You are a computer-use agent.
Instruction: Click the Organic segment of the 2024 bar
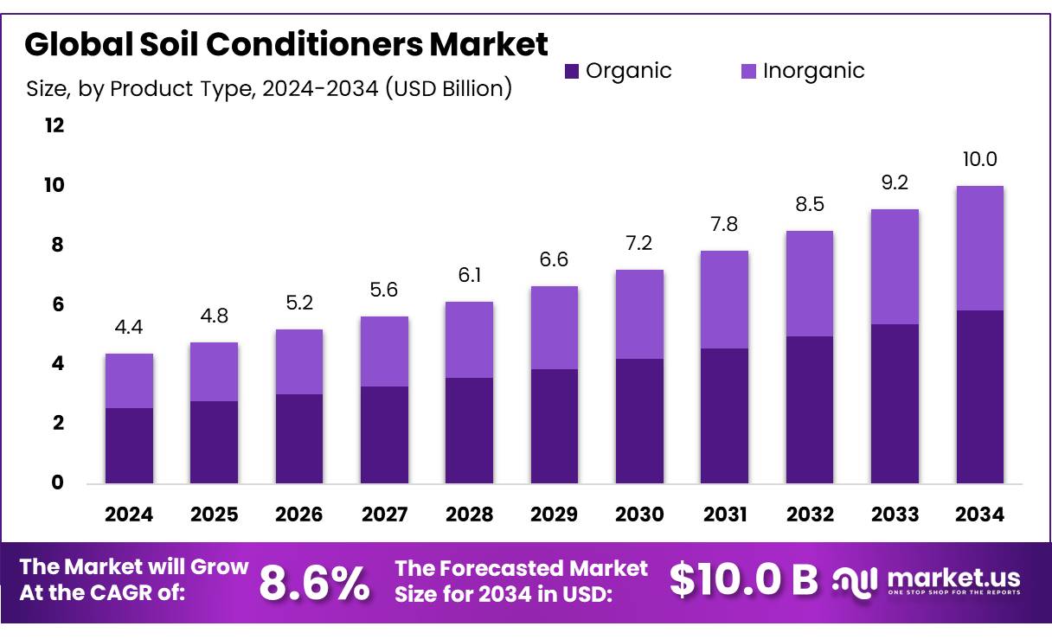pyautogui.click(x=129, y=444)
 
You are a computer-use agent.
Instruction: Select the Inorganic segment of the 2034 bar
pyautogui.click(x=979, y=248)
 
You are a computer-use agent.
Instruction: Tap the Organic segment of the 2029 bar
pyautogui.click(x=554, y=425)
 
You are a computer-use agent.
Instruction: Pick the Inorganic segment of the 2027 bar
pyautogui.click(x=384, y=351)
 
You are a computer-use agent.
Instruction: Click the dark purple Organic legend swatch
pyautogui.click(x=572, y=71)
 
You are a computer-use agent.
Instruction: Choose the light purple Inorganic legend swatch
pyautogui.click(x=748, y=71)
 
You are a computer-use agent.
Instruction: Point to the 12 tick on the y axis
pyautogui.click(x=55, y=126)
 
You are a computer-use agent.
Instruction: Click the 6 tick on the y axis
pyautogui.click(x=56, y=304)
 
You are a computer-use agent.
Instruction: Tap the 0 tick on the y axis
pyautogui.click(x=56, y=482)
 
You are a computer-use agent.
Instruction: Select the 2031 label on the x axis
pyautogui.click(x=724, y=514)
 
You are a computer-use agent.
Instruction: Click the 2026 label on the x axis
pyautogui.click(x=298, y=514)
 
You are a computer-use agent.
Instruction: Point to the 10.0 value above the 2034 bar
pyautogui.click(x=979, y=159)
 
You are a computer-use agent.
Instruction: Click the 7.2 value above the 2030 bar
pyautogui.click(x=639, y=243)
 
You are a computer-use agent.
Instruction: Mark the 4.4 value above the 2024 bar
pyautogui.click(x=129, y=327)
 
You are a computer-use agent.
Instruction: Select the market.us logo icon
pyautogui.click(x=855, y=581)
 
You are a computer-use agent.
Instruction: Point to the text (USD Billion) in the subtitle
pyautogui.click(x=448, y=87)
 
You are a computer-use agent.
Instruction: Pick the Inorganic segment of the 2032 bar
pyautogui.click(x=809, y=284)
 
